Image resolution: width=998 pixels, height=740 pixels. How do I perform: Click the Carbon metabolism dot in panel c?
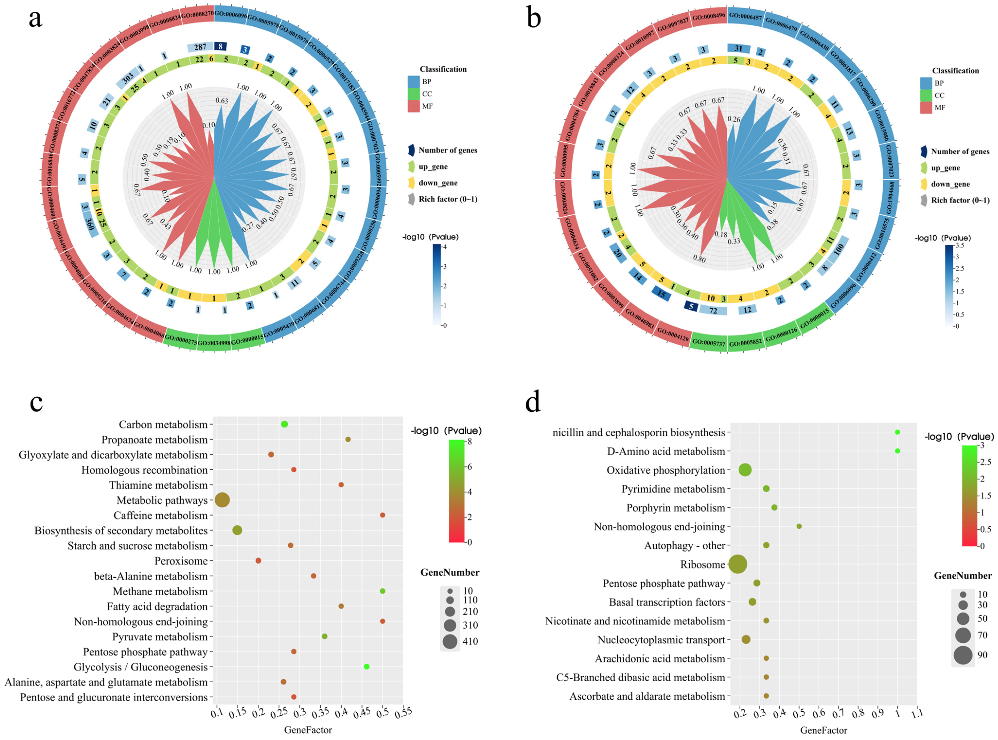tap(284, 424)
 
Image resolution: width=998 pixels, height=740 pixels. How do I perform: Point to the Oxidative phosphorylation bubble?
tap(745, 470)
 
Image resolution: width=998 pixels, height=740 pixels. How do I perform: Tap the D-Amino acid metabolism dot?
tap(897, 451)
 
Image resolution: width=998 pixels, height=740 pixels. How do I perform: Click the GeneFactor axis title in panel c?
tap(308, 730)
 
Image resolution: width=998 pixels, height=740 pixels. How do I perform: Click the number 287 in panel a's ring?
tap(200, 47)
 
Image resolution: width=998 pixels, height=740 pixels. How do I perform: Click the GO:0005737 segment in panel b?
tap(708, 341)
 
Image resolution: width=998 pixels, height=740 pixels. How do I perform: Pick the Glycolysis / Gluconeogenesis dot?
tap(367, 667)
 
